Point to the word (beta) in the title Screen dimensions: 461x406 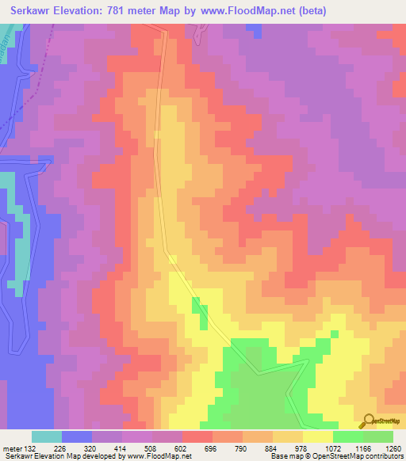tap(309, 11)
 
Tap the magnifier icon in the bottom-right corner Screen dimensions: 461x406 tap(369, 421)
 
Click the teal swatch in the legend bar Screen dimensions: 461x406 tap(47, 436)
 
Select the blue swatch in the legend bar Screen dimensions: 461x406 tap(77, 436)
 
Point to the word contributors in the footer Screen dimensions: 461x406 tap(383, 456)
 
